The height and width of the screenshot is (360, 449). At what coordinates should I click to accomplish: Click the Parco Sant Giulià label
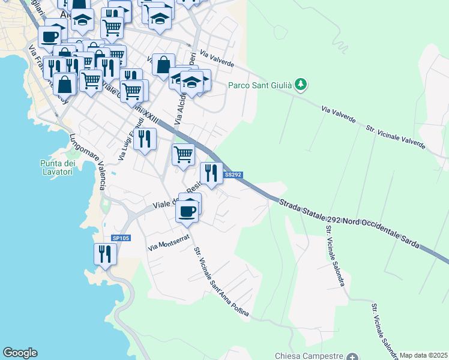tap(260, 85)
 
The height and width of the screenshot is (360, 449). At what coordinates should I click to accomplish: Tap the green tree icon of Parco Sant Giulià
tap(302, 85)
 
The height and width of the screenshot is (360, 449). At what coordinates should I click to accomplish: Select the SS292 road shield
tap(233, 175)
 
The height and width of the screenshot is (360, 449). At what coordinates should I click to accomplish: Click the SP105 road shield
tap(121, 238)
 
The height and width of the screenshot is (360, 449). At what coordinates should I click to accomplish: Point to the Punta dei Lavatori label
tap(58, 168)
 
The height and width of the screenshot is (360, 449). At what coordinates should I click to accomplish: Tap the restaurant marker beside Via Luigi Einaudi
tap(145, 139)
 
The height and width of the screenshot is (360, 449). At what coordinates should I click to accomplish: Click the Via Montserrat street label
tap(169, 242)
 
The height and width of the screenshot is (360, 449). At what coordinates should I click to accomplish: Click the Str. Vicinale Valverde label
tap(396, 137)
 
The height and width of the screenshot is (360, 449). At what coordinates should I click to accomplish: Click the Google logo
tap(20, 353)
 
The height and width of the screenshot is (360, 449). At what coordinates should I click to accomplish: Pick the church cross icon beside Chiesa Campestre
tap(352, 356)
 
